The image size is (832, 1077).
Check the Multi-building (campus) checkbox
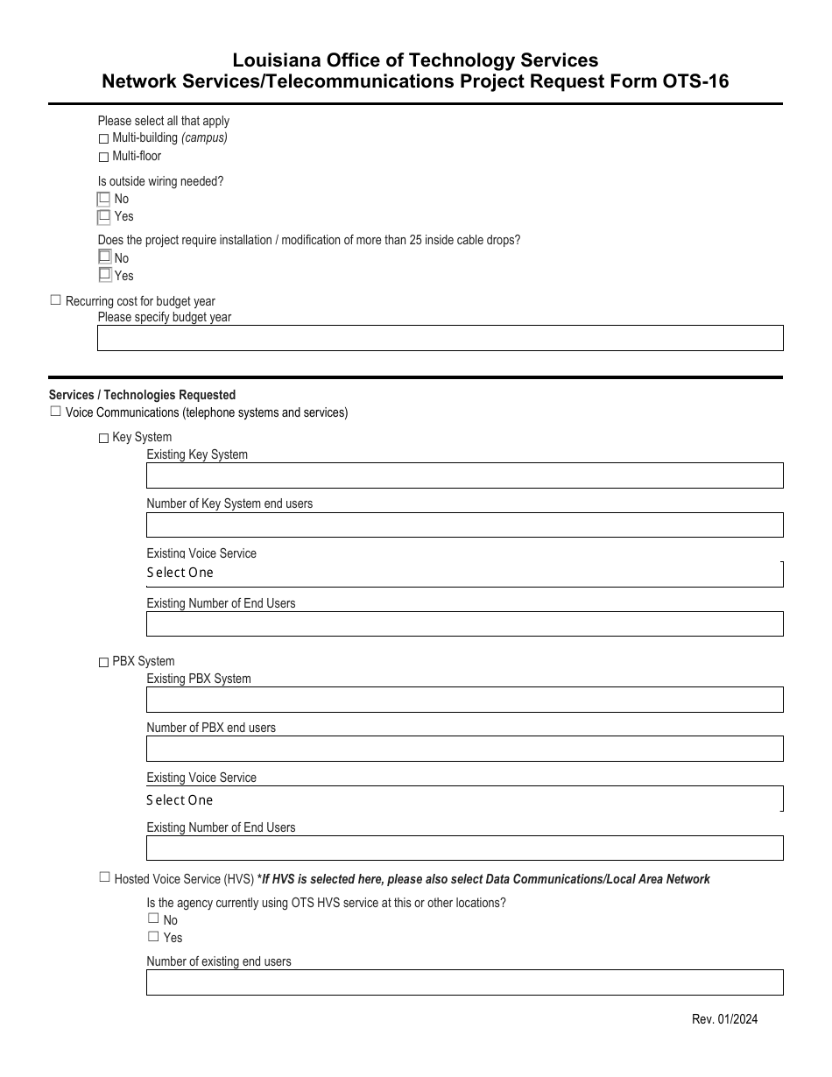coord(103,139)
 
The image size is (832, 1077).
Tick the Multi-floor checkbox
coord(103,158)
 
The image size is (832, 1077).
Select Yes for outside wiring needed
coord(104,215)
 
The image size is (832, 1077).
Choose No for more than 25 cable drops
coord(104,257)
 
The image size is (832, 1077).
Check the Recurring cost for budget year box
coord(56,300)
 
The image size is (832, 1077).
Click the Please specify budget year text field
coord(440,339)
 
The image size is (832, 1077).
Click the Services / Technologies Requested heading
coord(142,396)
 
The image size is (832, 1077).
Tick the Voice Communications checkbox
coord(56,412)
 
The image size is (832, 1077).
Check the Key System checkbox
coord(103,438)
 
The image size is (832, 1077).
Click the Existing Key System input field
coord(464,475)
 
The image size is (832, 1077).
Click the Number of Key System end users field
coord(464,524)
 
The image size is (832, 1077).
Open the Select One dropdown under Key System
coord(464,574)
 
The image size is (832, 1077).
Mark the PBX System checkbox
coord(103,662)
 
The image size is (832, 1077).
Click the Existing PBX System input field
coord(464,700)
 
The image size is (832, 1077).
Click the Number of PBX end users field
coord(464,749)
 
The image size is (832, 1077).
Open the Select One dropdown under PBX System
coord(464,799)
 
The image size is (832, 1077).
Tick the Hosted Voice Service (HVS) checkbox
coord(105,877)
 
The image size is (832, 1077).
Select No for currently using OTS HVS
coord(153,919)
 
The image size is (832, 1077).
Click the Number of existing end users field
coord(464,982)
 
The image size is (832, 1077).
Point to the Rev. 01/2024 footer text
coord(724,1019)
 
